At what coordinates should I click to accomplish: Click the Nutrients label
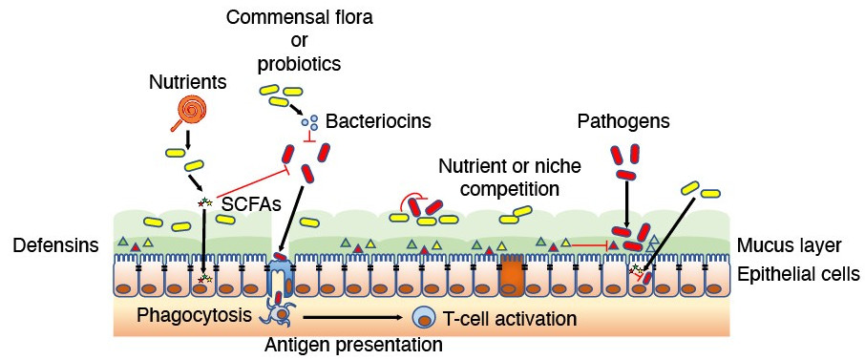click(188, 82)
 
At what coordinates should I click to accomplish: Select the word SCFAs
click(245, 204)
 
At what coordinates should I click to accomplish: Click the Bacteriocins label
click(378, 121)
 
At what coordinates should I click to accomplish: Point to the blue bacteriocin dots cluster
click(309, 121)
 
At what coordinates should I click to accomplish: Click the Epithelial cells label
click(798, 274)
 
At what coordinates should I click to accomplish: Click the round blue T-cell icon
click(422, 319)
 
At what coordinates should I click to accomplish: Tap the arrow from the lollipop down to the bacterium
click(187, 139)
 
